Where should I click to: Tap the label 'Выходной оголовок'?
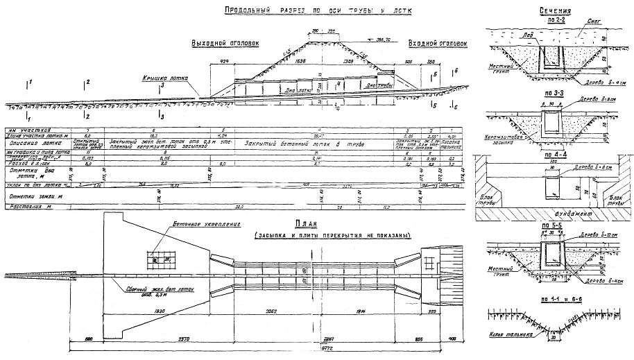225,44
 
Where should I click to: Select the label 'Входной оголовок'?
438,43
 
